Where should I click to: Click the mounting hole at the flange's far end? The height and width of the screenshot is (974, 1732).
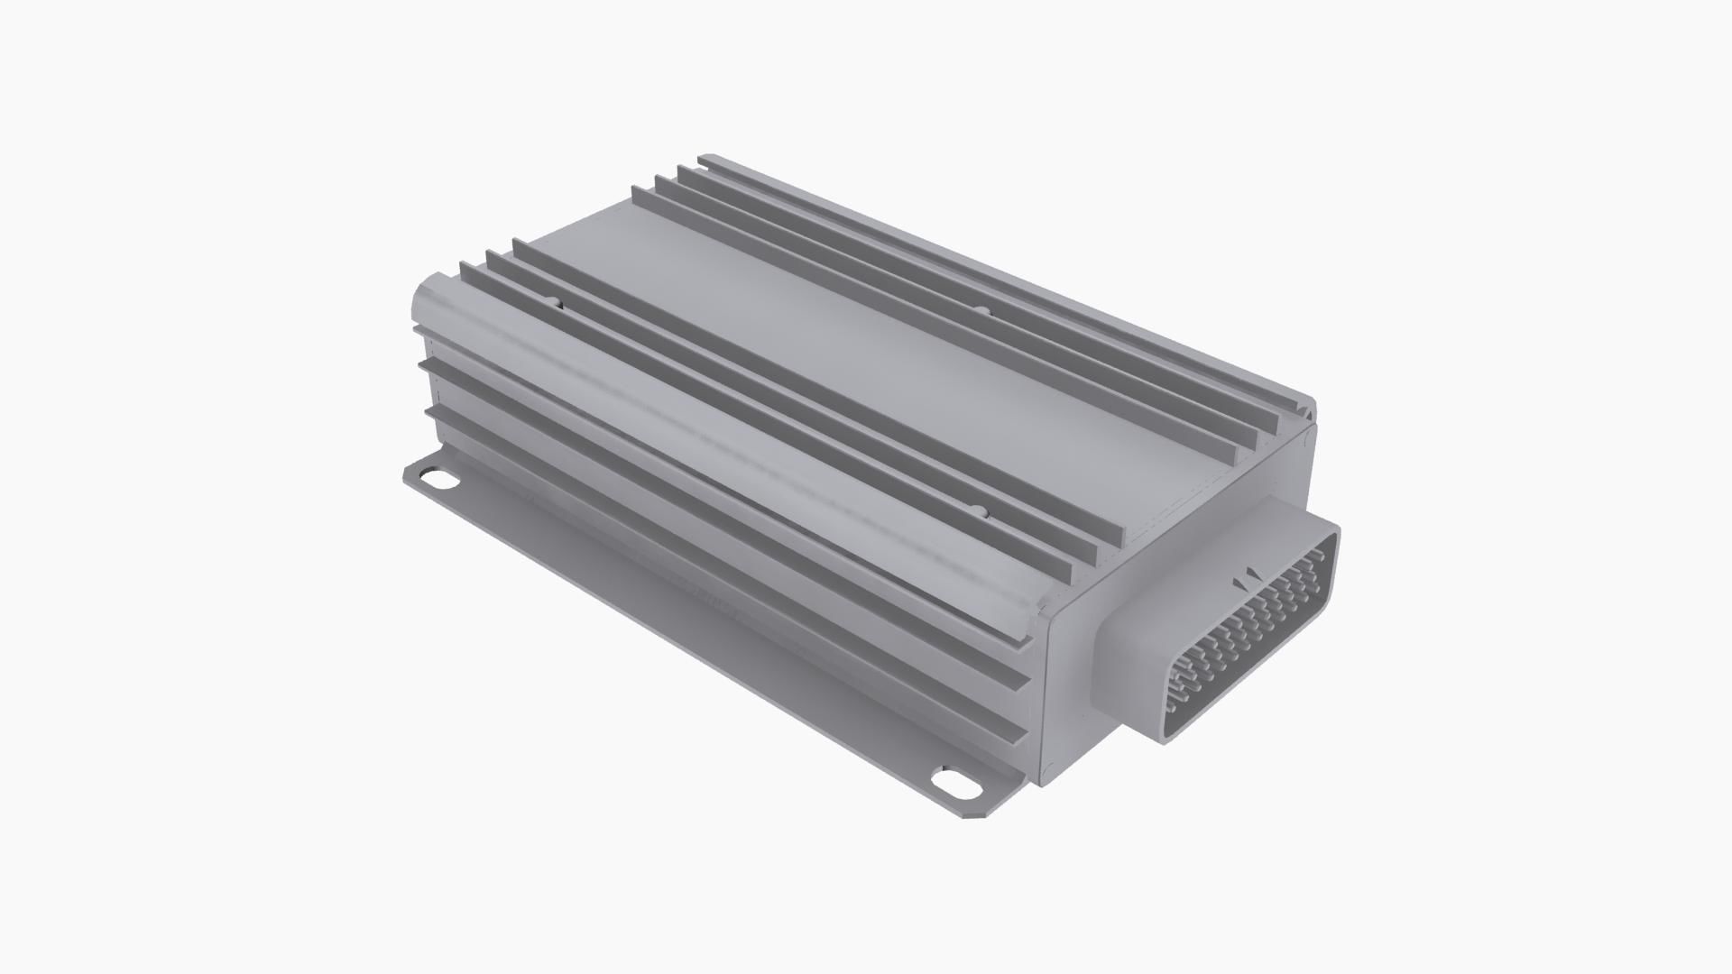(441, 479)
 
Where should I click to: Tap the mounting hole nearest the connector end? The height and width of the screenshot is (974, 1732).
(954, 781)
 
